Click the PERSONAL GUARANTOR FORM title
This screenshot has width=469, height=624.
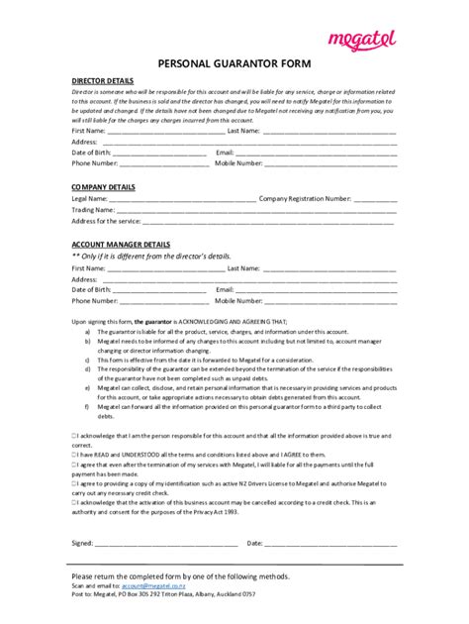click(x=234, y=61)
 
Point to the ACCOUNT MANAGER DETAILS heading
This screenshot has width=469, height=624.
click(x=121, y=244)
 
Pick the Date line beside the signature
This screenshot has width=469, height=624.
click(x=330, y=544)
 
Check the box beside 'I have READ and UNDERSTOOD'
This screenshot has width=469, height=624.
click(x=74, y=452)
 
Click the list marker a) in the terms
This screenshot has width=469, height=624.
click(x=87, y=332)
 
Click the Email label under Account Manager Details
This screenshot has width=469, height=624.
click(x=225, y=289)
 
